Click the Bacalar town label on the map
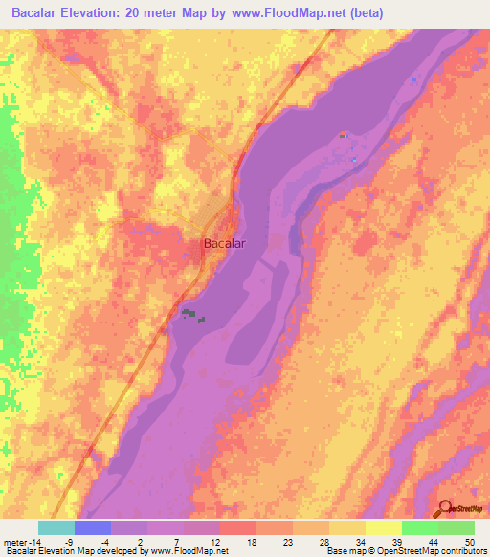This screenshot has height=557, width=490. click(224, 243)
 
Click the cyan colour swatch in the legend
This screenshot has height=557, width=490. click(56, 527)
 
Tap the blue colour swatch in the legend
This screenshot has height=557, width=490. click(93, 527)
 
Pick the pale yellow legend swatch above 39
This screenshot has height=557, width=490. click(383, 527)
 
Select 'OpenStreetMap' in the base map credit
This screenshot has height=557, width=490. click(401, 551)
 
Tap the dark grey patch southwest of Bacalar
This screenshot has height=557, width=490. click(192, 314)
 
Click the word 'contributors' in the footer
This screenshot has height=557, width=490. click(459, 551)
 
